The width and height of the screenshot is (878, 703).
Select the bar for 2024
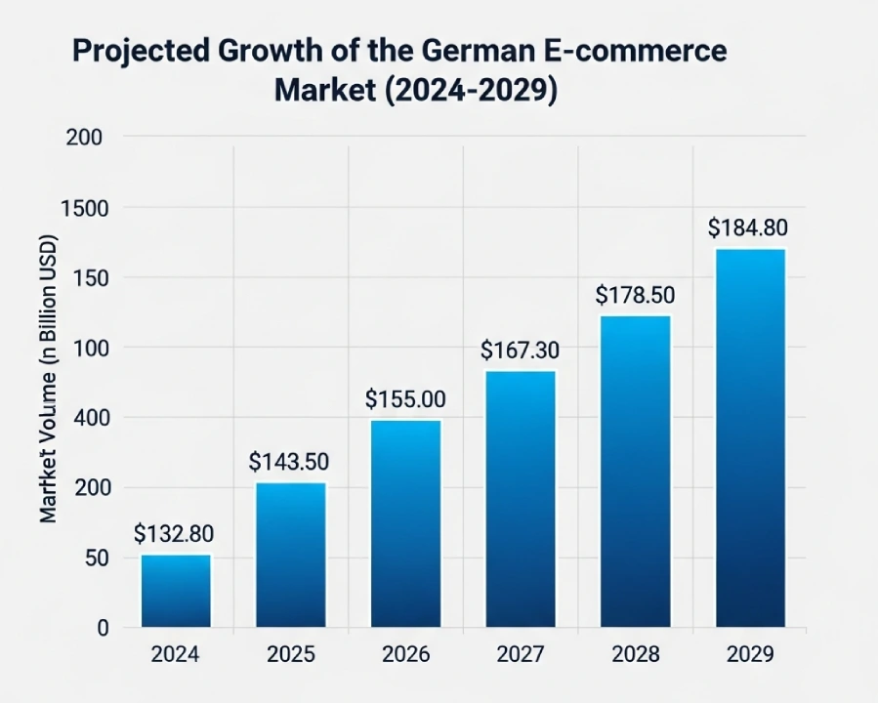click(176, 591)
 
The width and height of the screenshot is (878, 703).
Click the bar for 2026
click(405, 523)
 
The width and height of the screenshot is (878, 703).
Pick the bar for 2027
click(521, 498)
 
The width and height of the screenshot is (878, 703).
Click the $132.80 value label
click(174, 534)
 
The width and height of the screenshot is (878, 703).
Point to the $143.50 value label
click(288, 461)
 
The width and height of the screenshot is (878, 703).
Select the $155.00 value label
click(405, 399)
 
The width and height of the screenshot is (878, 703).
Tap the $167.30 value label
click(520, 350)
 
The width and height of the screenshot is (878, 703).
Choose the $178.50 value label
click(635, 295)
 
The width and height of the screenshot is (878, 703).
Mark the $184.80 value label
click(748, 228)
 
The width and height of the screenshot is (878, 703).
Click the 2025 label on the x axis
click(290, 654)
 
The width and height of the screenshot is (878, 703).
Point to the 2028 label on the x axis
click(635, 654)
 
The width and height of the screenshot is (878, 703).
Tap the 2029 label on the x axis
click(749, 654)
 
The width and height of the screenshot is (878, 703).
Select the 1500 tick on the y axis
click(85, 208)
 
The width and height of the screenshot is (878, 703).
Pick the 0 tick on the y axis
click(102, 628)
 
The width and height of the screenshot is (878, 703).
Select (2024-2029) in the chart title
click(474, 90)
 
